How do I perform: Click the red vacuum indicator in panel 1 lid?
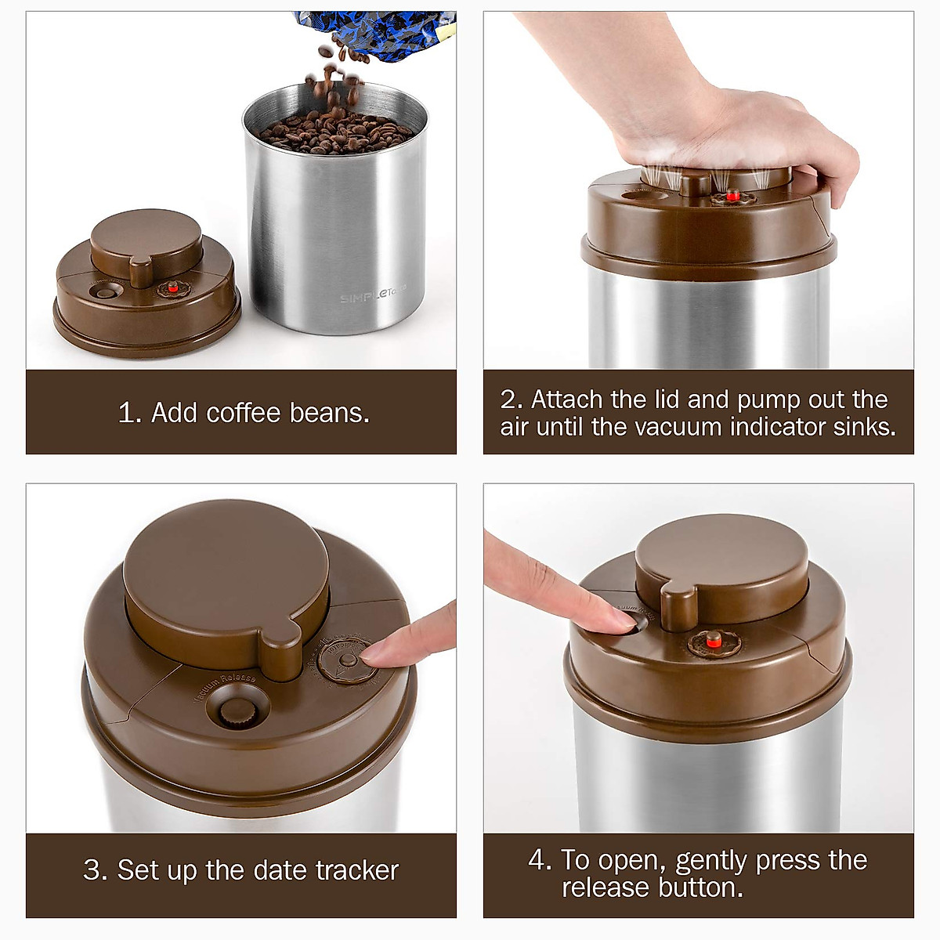point(173,288)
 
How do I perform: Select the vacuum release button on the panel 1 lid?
point(103,292)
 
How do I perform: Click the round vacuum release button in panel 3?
point(233,712)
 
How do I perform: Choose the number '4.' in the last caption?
point(540,860)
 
